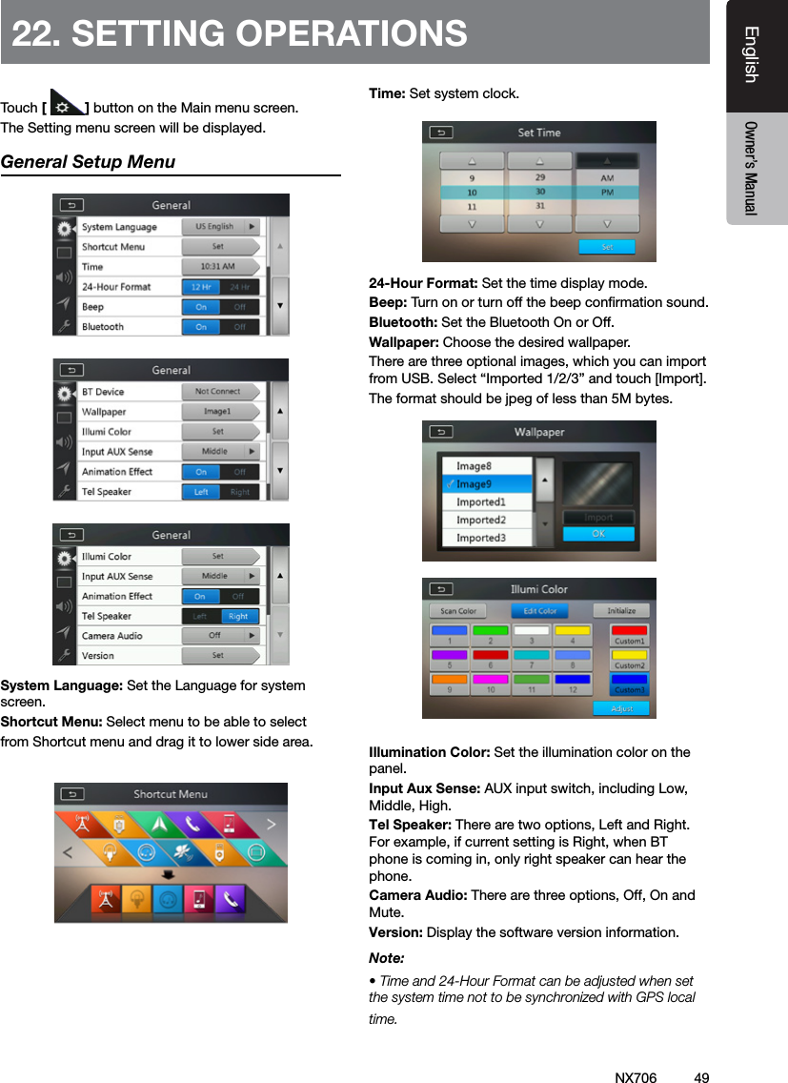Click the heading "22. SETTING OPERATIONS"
(239, 33)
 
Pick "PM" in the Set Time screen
(607, 192)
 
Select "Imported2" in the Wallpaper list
(481, 521)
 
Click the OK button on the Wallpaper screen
(598, 534)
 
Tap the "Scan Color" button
(458, 611)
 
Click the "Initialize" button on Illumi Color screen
(621, 611)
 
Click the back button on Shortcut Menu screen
(72, 794)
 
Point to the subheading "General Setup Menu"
(89, 162)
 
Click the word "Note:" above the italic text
(386, 957)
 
